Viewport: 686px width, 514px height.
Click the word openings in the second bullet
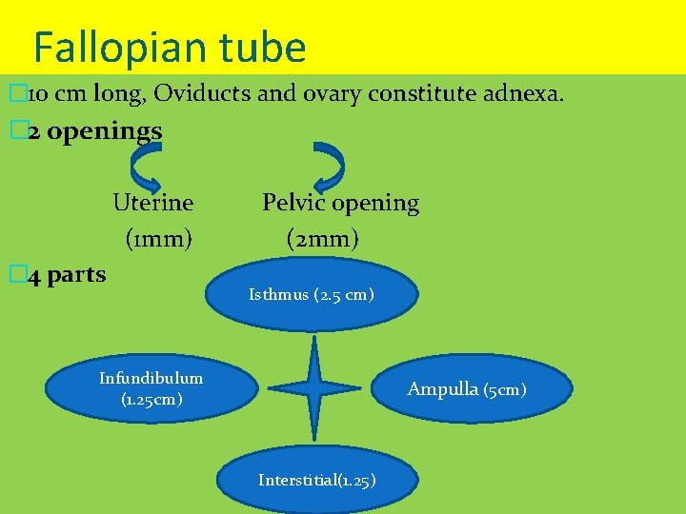point(104,131)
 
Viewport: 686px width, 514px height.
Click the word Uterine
point(152,203)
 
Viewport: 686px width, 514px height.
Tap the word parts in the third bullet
point(76,275)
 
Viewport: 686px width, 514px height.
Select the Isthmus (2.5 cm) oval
point(312,295)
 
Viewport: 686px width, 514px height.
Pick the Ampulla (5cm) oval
point(473,388)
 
